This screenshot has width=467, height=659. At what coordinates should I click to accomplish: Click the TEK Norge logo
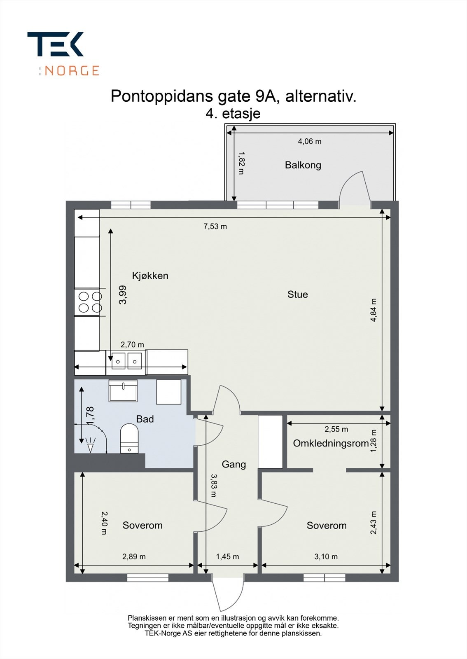[63, 54]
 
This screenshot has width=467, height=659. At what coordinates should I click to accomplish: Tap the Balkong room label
[303, 165]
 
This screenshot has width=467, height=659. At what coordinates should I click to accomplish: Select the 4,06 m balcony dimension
[309, 141]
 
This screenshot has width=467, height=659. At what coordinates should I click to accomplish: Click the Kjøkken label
[150, 276]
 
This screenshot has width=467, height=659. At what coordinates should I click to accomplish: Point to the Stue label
[297, 294]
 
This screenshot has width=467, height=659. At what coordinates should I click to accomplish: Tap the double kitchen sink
[126, 361]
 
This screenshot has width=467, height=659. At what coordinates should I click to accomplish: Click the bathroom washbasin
[123, 390]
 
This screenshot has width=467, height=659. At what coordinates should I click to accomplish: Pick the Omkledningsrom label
[331, 444]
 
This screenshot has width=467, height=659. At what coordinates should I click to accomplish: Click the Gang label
[233, 464]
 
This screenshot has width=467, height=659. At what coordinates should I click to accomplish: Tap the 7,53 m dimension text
[215, 227]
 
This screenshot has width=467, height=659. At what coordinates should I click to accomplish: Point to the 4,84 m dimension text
[374, 310]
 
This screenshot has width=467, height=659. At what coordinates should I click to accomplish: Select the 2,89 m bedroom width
[134, 556]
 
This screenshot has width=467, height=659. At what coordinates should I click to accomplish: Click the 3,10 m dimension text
[326, 556]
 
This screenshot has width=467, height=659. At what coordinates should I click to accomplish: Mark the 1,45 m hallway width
[227, 556]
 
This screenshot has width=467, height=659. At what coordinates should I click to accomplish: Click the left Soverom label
[142, 525]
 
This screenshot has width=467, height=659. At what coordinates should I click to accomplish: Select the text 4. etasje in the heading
[233, 113]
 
